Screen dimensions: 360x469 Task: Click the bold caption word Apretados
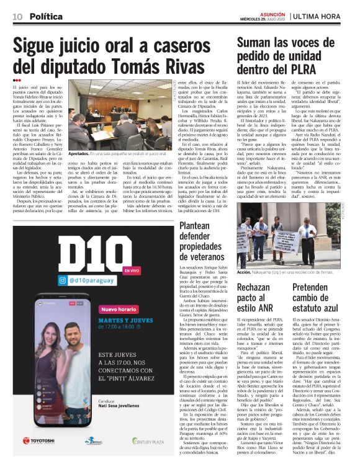81,153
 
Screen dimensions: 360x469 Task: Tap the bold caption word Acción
244,272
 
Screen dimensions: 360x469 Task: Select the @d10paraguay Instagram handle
66,281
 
